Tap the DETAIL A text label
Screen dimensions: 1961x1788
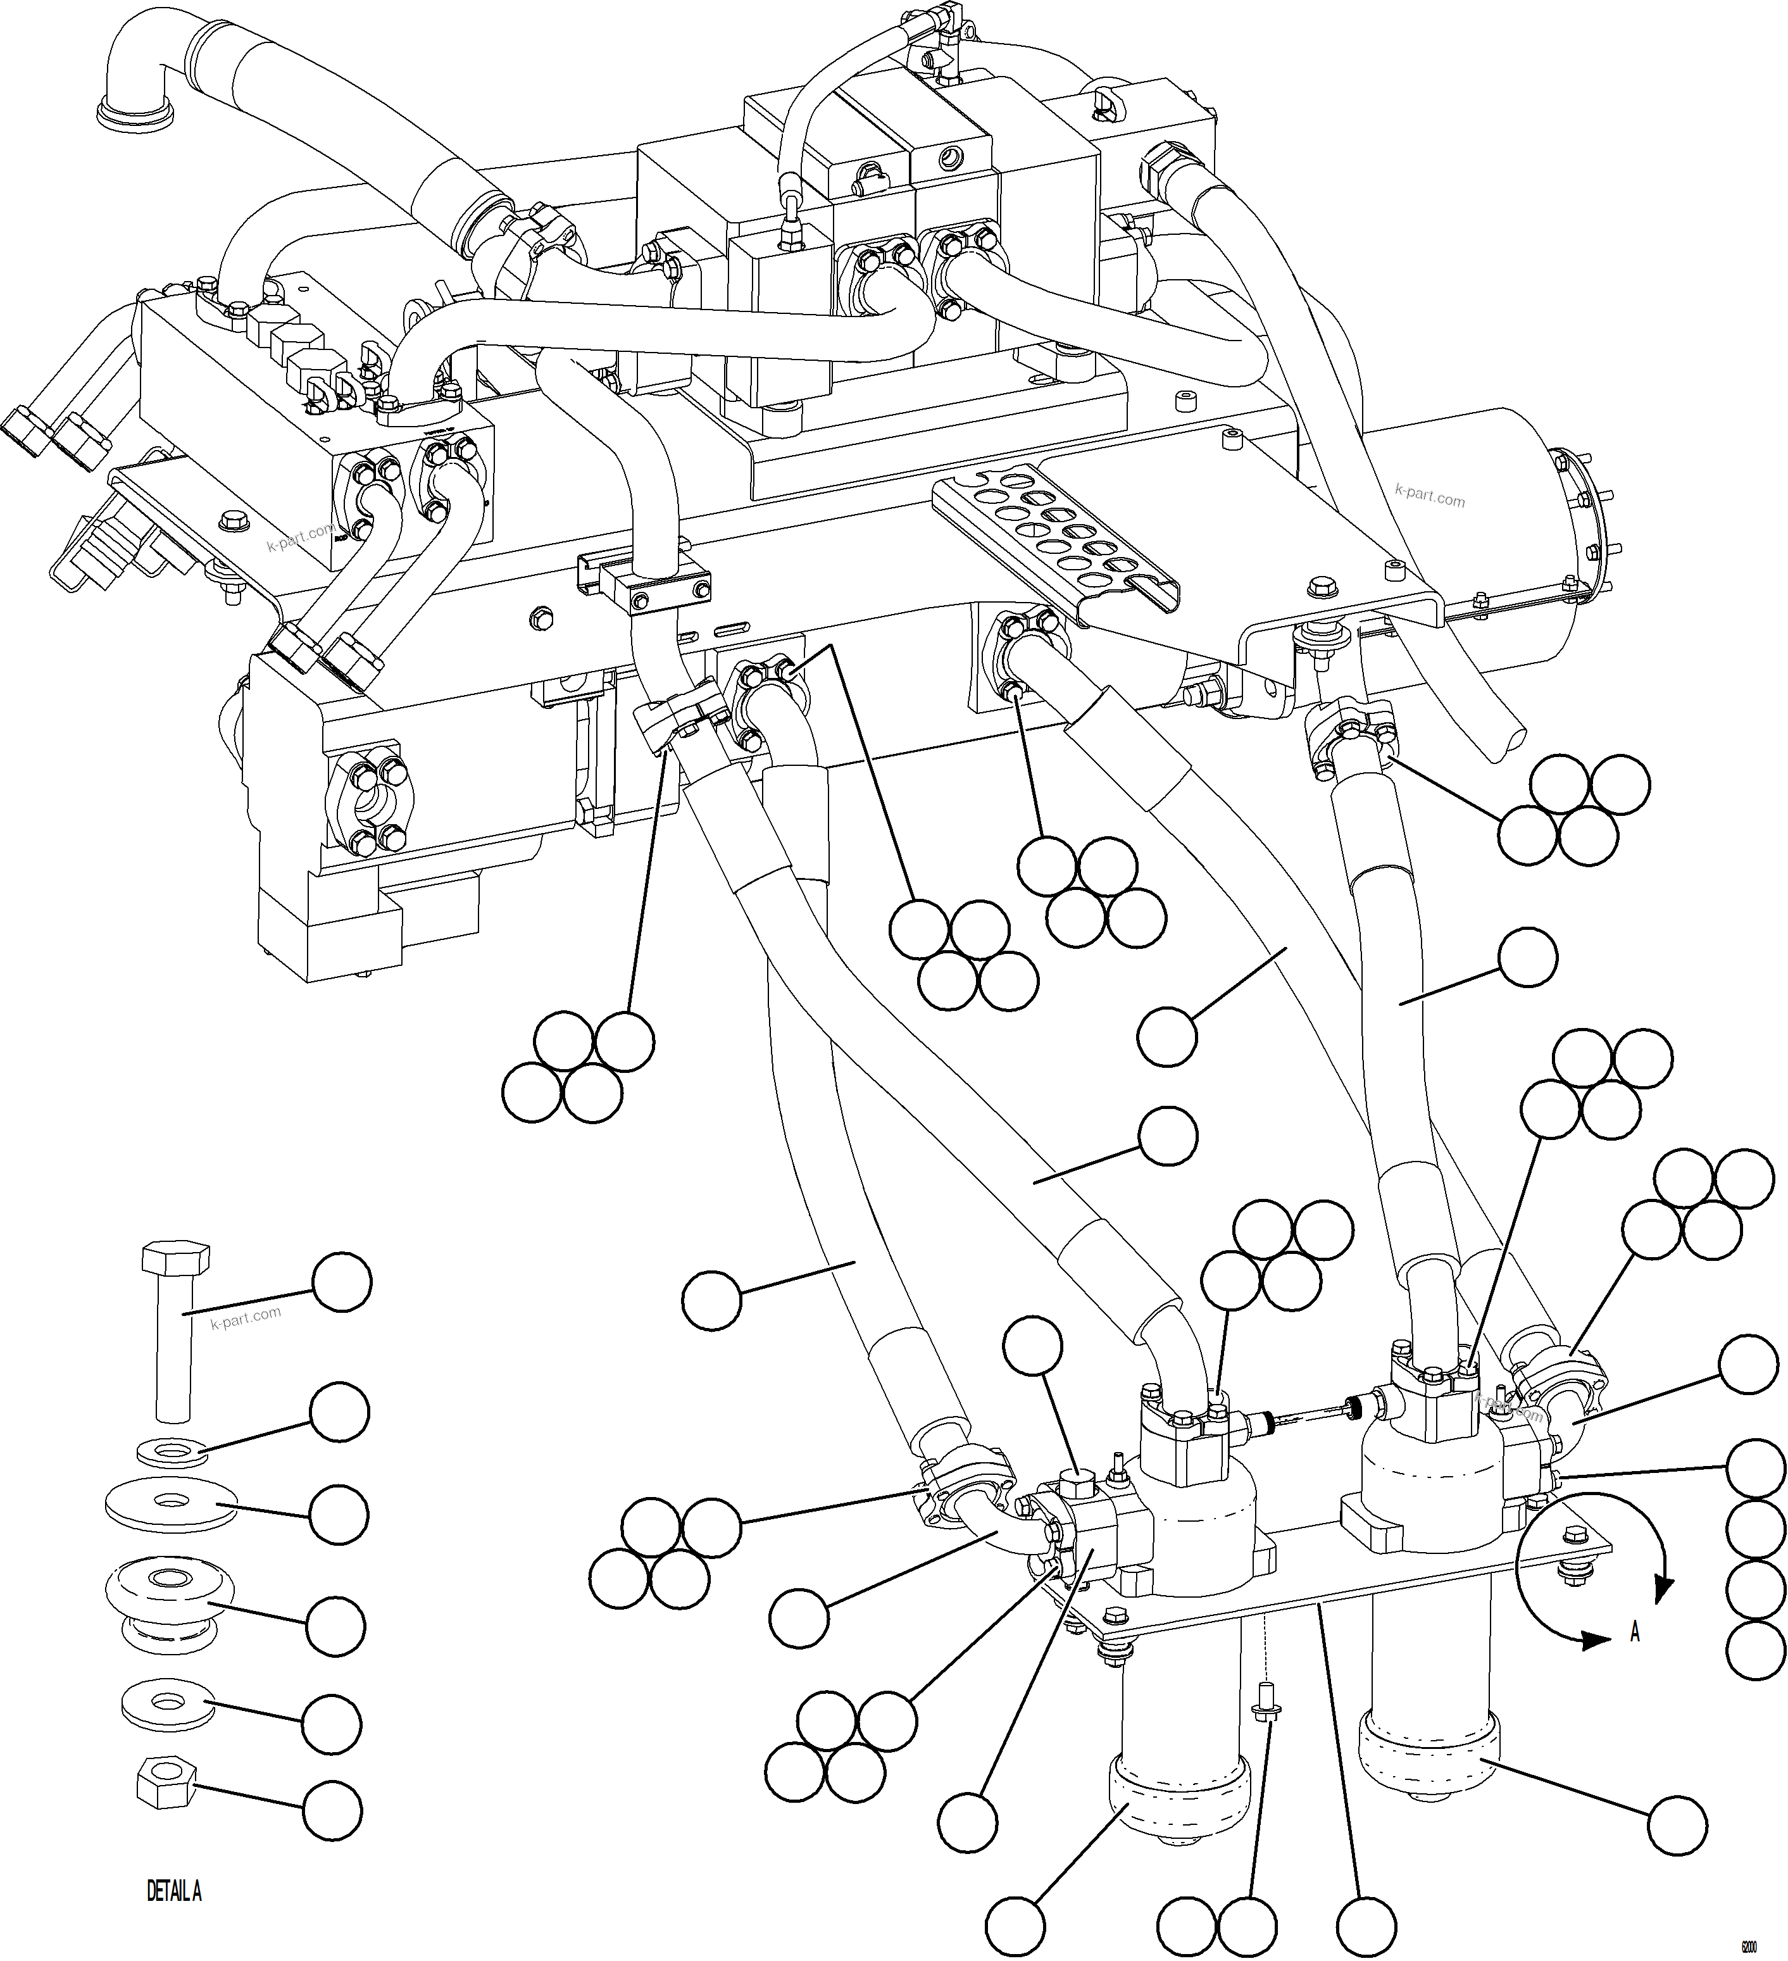coord(174,1892)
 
